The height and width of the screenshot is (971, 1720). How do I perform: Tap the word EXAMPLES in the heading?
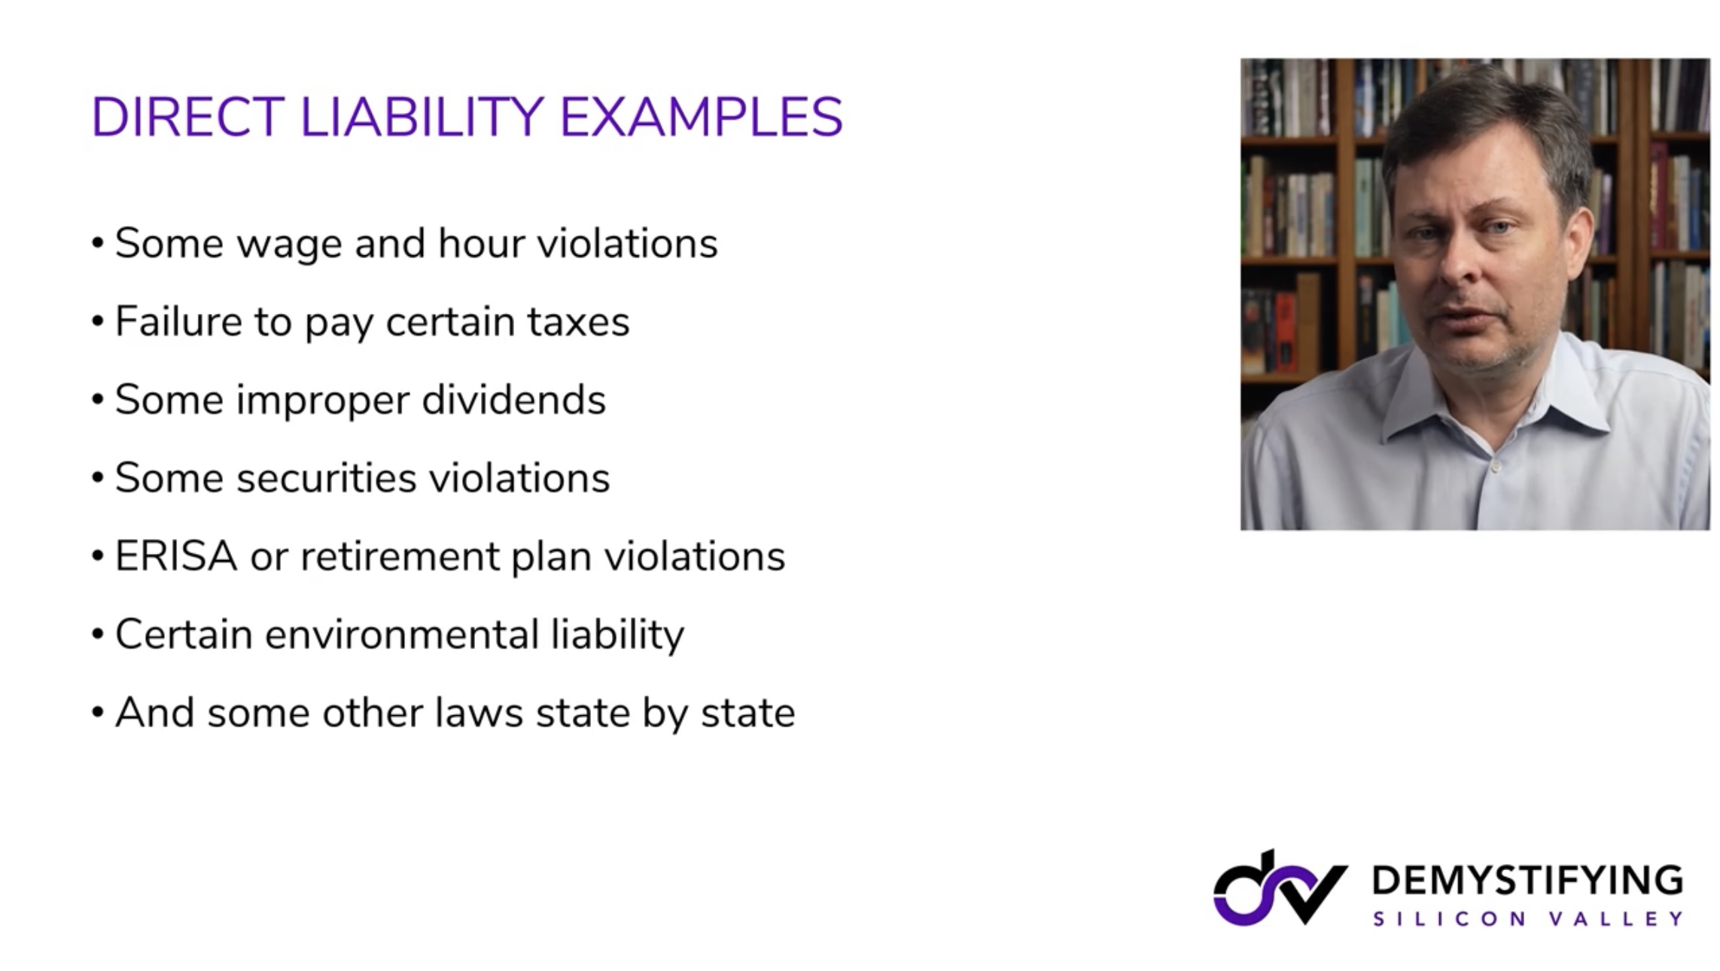point(701,117)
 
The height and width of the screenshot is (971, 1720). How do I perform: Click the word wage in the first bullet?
point(290,245)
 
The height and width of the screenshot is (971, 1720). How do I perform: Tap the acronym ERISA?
point(176,556)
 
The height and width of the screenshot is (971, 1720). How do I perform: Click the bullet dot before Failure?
point(98,322)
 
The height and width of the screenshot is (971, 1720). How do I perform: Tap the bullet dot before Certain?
point(98,635)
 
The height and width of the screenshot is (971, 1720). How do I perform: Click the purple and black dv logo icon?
point(1279,889)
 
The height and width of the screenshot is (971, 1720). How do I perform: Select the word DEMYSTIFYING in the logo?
point(1528,880)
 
